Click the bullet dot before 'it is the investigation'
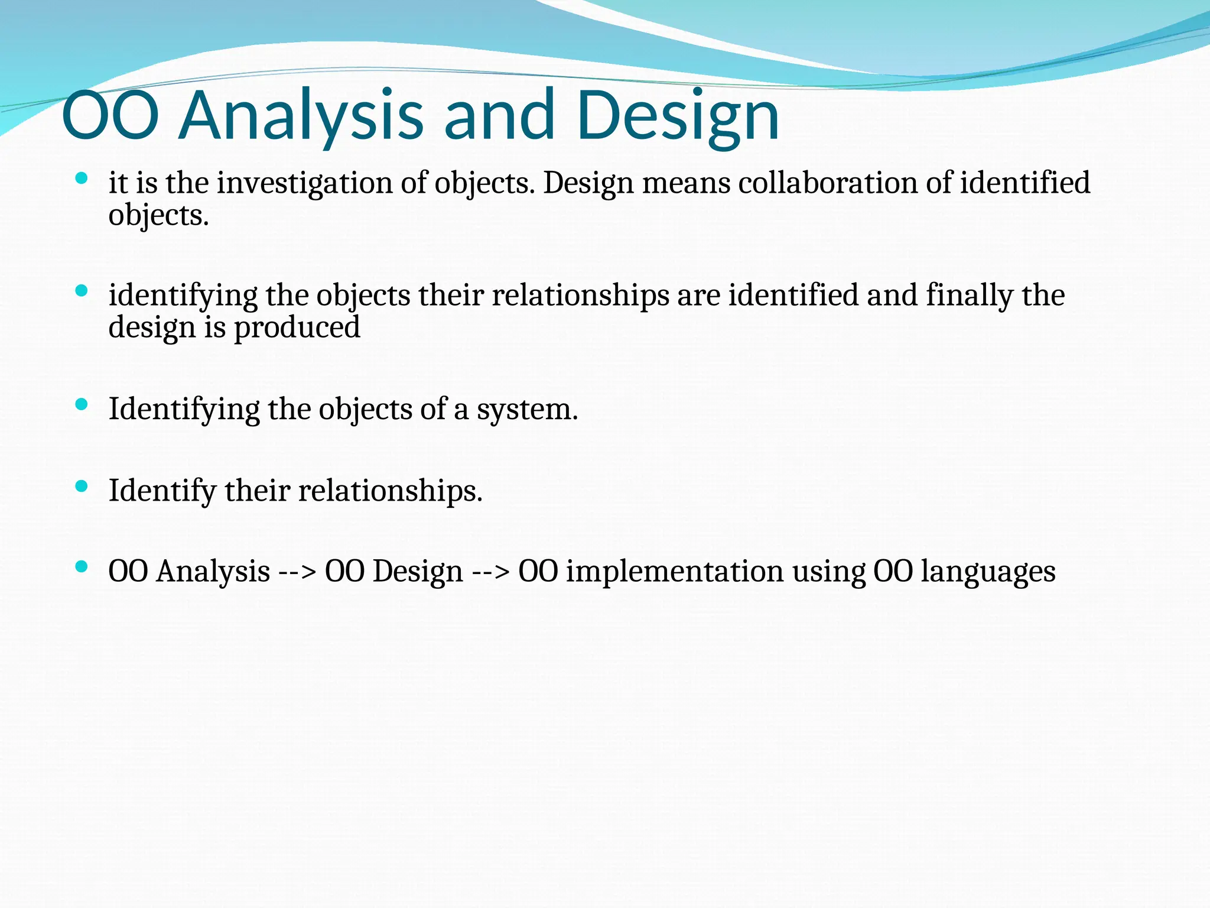[x=82, y=178]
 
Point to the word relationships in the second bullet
[x=581, y=296]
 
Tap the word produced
[x=297, y=327]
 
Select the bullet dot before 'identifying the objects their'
[x=82, y=290]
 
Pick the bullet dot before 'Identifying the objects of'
[x=82, y=404]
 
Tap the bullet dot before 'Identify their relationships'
[x=82, y=486]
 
